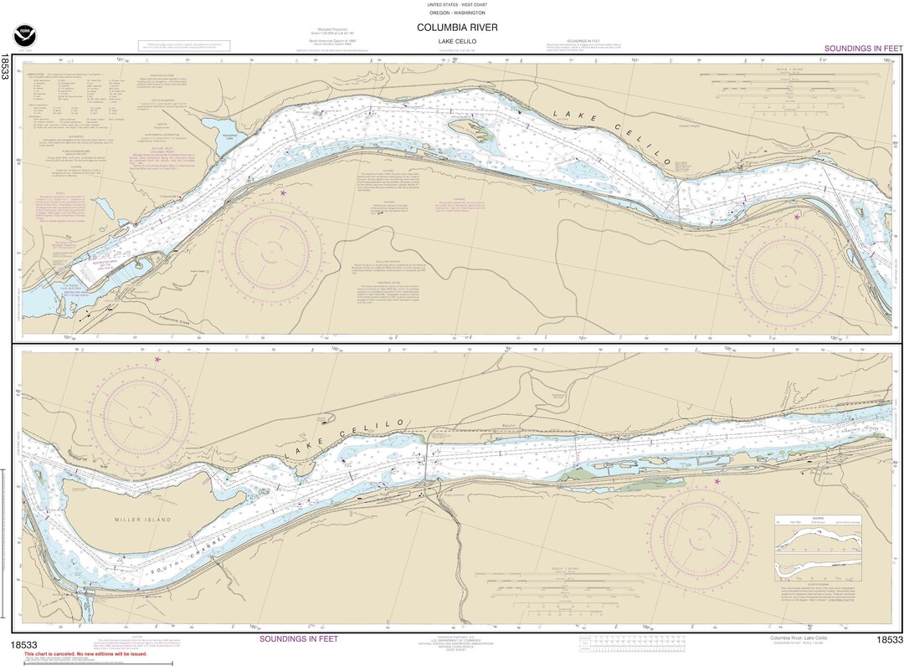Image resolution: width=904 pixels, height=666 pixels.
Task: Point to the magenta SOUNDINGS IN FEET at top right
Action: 862,49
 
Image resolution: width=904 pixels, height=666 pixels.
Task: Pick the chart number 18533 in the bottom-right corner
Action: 889,640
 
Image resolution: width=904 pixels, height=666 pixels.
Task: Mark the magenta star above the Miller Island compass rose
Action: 157,360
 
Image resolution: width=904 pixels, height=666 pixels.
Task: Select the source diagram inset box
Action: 818,548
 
